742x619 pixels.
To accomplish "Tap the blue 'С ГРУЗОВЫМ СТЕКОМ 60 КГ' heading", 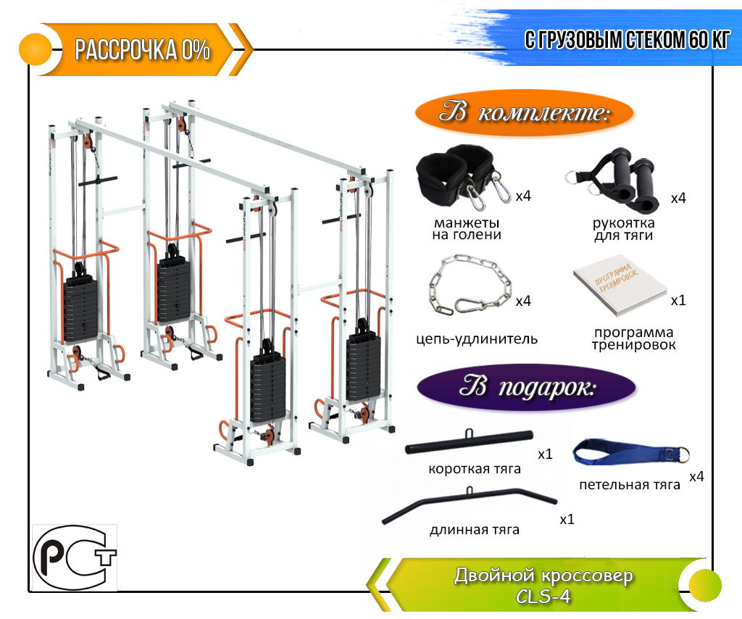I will [627, 40].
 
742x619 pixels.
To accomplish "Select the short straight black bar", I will [470, 441].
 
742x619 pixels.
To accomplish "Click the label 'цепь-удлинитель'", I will [478, 338].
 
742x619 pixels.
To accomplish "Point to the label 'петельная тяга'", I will [630, 485].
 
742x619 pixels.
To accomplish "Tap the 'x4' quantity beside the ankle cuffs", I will [523, 196].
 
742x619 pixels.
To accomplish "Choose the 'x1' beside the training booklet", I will [678, 300].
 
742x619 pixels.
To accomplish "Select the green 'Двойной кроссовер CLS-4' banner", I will [543, 585].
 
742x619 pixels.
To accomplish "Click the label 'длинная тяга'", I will [475, 530].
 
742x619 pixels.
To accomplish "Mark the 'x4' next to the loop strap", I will [696, 476].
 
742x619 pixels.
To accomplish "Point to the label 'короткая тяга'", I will [475, 469].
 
